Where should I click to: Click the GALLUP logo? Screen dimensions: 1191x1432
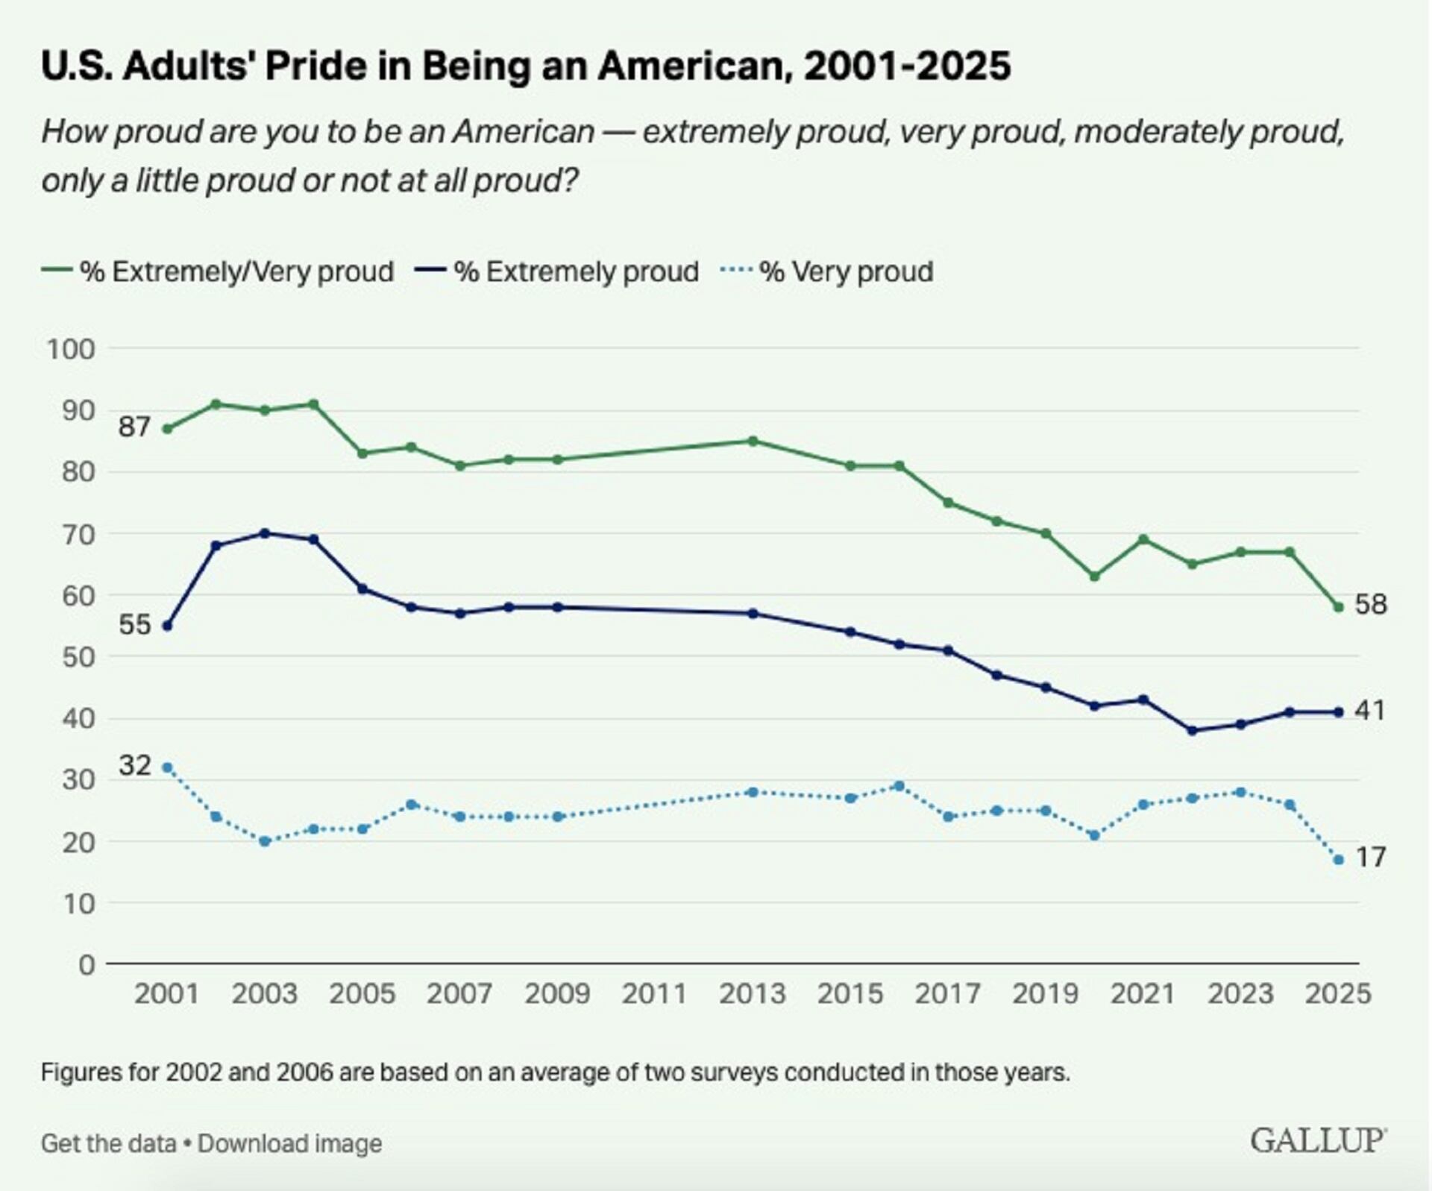point(1318,1140)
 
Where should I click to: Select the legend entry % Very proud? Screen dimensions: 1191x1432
point(827,271)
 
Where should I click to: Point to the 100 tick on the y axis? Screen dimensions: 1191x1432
point(72,349)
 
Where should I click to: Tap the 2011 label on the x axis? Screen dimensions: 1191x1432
point(654,994)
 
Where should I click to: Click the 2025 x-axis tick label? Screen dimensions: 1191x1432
point(1338,994)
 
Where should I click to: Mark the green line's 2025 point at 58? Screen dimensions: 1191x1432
point(1339,607)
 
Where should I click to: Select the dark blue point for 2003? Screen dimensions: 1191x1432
point(265,533)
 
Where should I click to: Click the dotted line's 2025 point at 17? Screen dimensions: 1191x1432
point(1339,860)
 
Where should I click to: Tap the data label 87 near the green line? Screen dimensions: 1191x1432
point(134,427)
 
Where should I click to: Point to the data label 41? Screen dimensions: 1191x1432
point(1370,711)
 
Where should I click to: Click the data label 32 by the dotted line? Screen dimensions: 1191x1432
point(135,765)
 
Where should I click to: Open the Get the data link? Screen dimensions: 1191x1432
point(108,1143)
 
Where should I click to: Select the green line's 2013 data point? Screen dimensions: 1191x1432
point(753,441)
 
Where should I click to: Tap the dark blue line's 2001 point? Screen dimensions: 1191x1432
point(167,626)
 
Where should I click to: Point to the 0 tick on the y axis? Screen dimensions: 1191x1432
point(87,965)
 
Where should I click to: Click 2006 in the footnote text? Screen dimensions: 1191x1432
point(304,1072)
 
